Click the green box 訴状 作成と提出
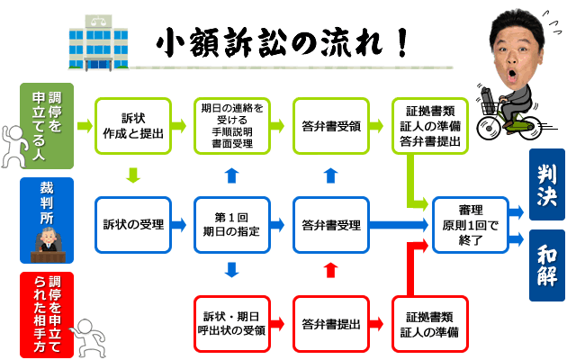click(133, 125)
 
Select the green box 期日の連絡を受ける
click(232, 125)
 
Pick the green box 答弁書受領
click(331, 125)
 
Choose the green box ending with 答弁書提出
click(429, 125)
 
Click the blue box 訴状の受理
click(133, 224)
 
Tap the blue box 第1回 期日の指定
click(232, 224)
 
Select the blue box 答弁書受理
click(331, 224)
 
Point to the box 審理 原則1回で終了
click(469, 224)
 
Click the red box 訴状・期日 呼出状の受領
click(232, 323)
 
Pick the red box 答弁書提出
click(331, 323)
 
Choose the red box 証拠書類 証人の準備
click(429, 323)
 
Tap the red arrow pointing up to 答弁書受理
click(331, 269)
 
